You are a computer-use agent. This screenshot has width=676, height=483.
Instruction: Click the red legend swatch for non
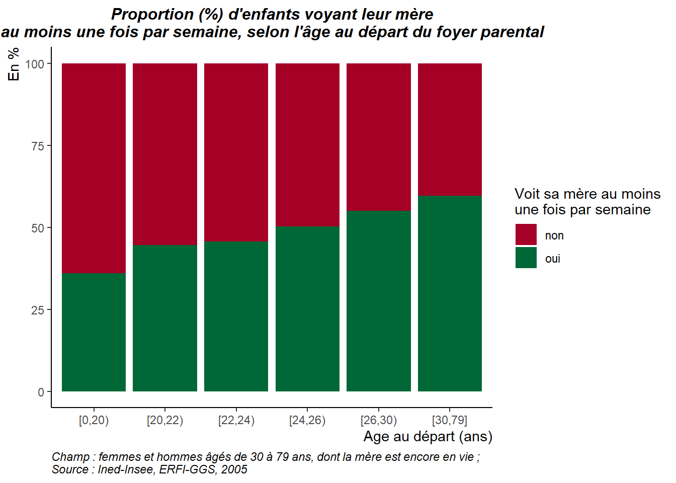tap(526, 234)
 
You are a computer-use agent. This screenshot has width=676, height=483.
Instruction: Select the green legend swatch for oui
tap(526, 258)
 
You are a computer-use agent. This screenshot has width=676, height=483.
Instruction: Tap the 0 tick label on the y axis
tap(41, 392)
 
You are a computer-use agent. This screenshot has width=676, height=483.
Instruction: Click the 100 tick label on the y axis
tap(35, 64)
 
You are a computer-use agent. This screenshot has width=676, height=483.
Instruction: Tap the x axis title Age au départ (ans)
tap(428, 436)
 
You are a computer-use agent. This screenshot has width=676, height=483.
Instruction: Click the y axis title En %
tap(14, 64)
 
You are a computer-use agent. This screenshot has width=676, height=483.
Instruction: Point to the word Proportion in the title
tap(152, 14)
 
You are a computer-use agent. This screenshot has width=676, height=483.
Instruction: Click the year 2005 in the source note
tap(234, 469)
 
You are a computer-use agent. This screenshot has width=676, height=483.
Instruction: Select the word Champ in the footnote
tap(70, 457)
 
